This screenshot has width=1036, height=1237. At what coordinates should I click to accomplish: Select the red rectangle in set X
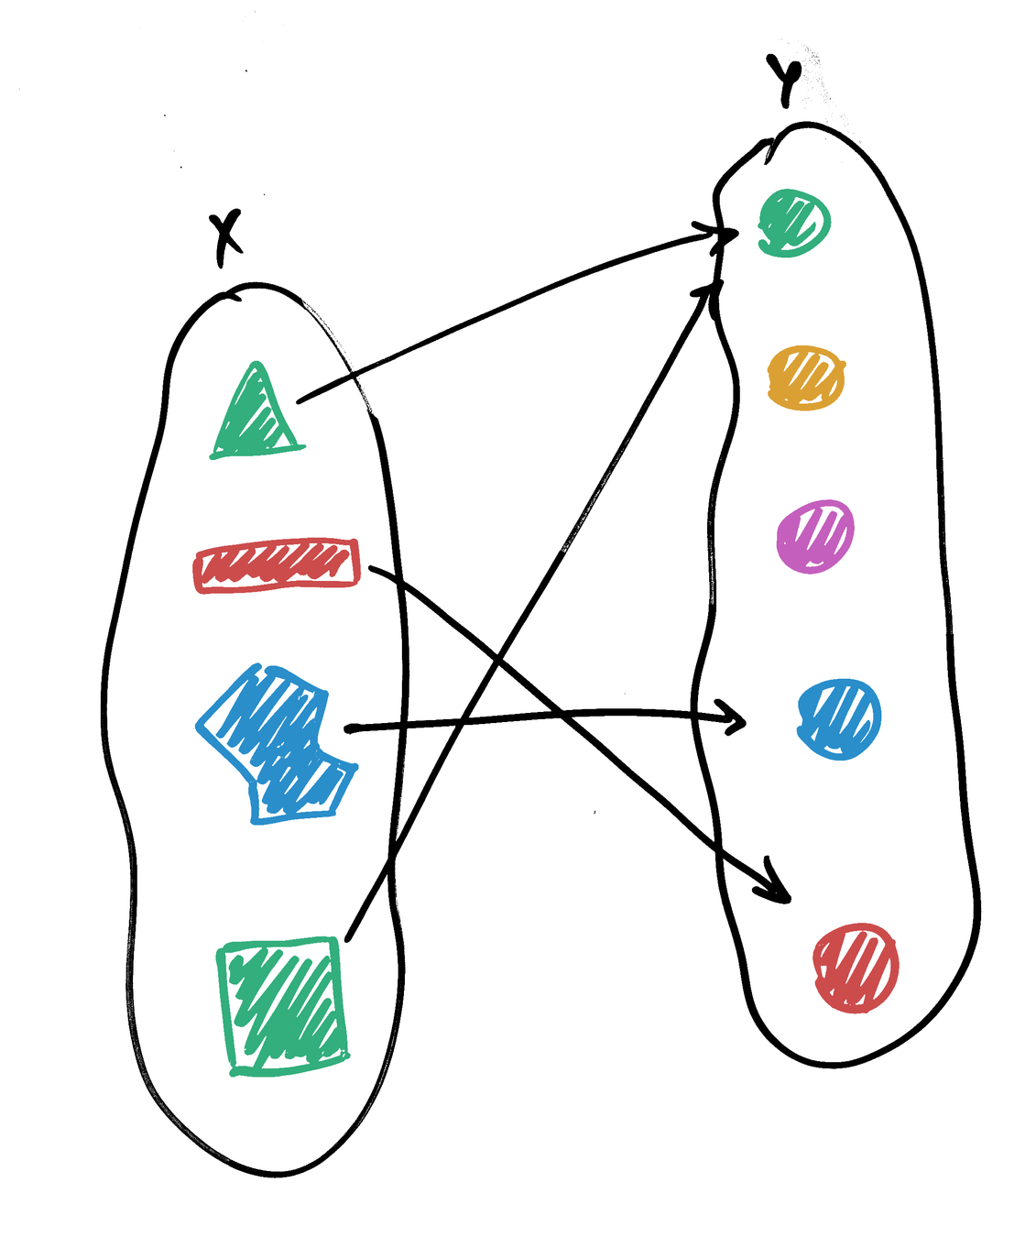pos(277,564)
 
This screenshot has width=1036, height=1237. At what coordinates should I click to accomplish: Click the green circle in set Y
pos(793,223)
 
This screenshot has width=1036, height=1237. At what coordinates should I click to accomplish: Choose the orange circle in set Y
pos(805,377)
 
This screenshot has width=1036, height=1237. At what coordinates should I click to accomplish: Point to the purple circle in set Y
pos(814,536)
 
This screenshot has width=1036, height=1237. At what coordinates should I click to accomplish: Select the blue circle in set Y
pos(838,718)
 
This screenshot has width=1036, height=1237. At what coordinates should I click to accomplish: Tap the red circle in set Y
pos(856,967)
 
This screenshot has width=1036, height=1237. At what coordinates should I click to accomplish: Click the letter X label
pos(225,236)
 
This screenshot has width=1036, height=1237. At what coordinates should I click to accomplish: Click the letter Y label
pos(786,82)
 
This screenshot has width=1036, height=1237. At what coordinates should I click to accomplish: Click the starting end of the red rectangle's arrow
pos(371,570)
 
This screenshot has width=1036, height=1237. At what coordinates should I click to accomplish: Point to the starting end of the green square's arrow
pos(349,938)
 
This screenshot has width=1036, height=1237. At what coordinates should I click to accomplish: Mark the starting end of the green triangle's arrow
pos(300,400)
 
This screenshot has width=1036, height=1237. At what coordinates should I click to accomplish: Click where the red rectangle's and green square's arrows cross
pos(496,656)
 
